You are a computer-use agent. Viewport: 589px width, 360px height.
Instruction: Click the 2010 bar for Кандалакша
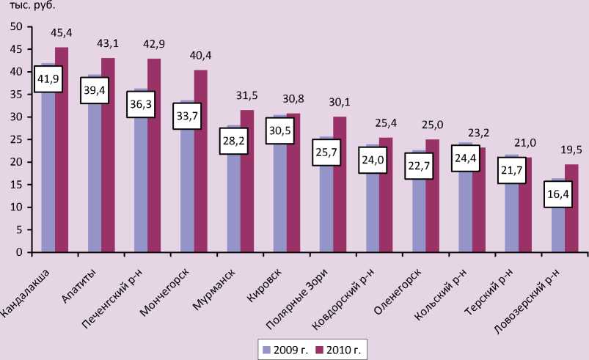coord(62,150)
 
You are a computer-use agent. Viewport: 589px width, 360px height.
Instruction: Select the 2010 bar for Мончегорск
coord(200,161)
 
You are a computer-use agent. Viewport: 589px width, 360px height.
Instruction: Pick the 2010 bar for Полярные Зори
coord(340,184)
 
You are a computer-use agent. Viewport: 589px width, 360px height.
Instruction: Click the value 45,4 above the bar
coord(61,33)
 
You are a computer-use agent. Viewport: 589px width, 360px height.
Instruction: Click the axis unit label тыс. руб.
coord(33,5)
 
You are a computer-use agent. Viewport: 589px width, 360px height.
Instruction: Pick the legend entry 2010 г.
coord(340,348)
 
